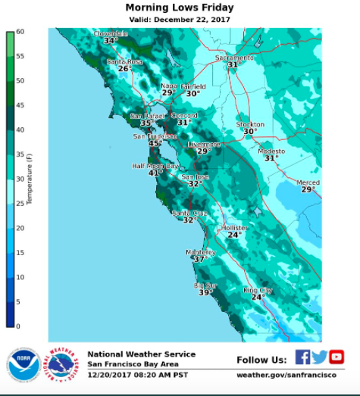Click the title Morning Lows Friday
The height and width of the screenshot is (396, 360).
click(x=179, y=8)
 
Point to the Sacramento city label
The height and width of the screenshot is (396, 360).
click(x=233, y=58)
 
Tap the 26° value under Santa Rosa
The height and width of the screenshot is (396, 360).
click(x=124, y=69)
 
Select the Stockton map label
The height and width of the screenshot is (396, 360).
click(x=250, y=124)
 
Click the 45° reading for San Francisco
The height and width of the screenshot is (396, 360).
click(x=155, y=143)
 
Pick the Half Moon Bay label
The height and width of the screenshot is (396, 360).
click(x=155, y=166)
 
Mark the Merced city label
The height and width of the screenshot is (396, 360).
click(x=308, y=182)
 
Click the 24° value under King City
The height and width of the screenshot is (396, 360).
click(x=258, y=298)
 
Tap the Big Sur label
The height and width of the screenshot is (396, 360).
click(x=205, y=285)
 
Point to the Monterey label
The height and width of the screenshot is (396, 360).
click(x=201, y=252)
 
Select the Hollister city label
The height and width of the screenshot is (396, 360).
click(x=234, y=228)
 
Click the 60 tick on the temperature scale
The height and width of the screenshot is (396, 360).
click(x=20, y=32)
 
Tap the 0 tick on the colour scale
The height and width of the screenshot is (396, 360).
click(x=19, y=326)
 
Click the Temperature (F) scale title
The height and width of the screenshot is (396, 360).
click(x=30, y=179)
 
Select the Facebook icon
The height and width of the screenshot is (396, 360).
click(x=302, y=357)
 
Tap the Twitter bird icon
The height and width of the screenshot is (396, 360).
click(x=319, y=357)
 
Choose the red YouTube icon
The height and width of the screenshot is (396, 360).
click(x=336, y=357)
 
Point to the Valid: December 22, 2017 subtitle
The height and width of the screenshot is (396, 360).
click(x=179, y=20)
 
